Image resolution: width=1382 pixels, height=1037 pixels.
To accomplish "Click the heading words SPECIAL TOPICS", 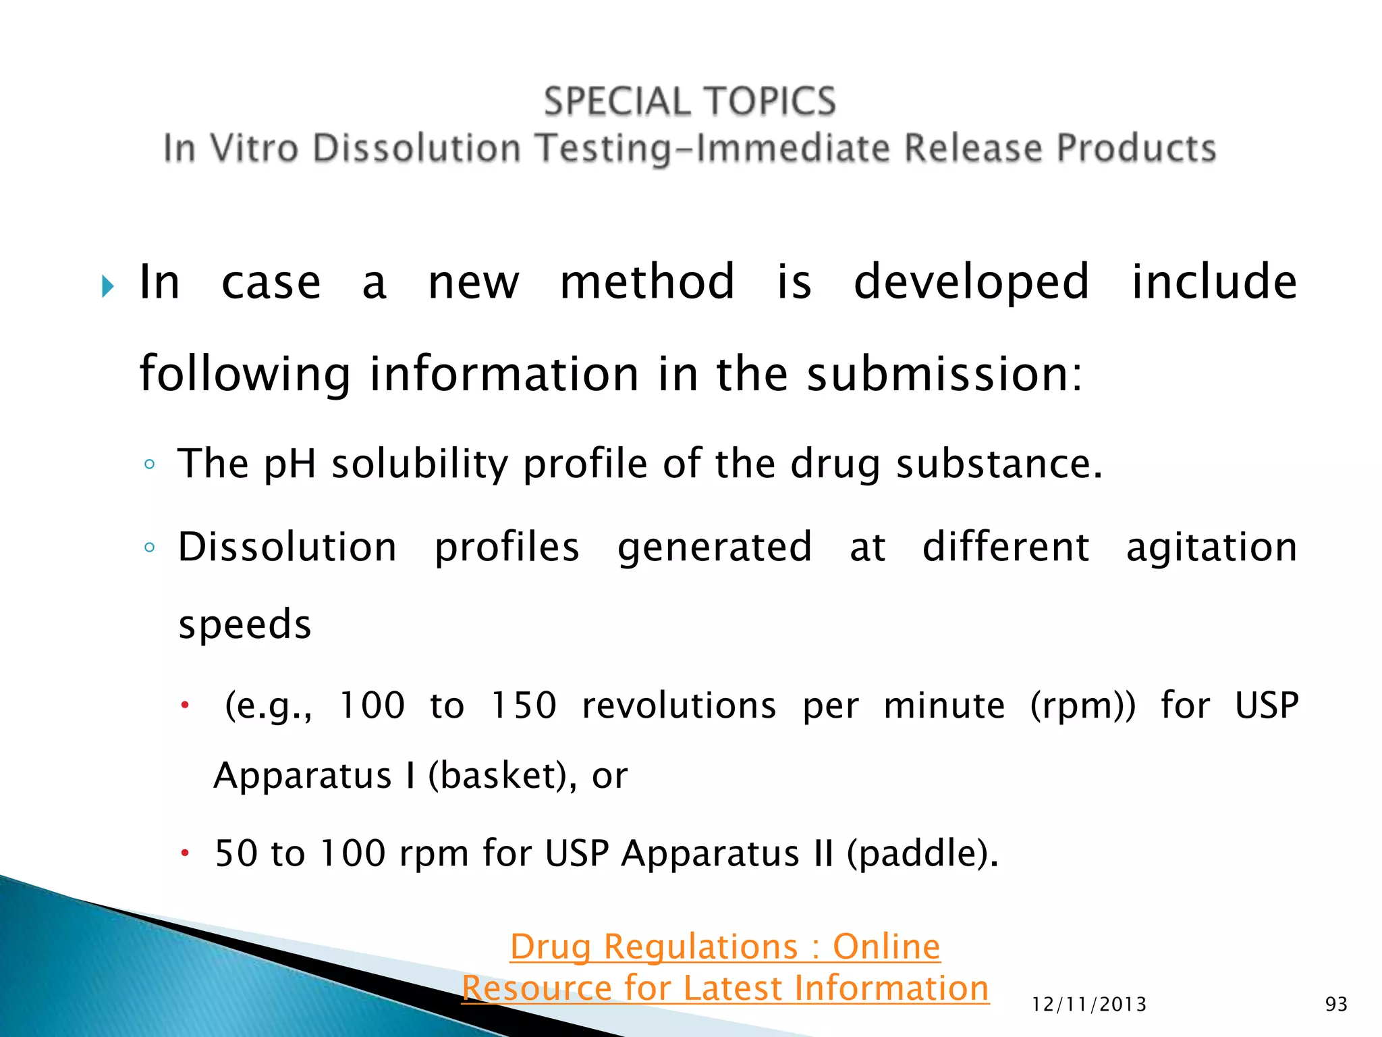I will click(x=690, y=102).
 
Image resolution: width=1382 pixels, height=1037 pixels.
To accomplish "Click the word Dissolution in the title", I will click(x=416, y=149).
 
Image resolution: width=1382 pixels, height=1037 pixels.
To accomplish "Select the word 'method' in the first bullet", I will click(x=646, y=282).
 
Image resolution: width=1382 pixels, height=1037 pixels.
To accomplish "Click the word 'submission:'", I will click(x=945, y=374).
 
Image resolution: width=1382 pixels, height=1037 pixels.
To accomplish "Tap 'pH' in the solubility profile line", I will click(x=289, y=465).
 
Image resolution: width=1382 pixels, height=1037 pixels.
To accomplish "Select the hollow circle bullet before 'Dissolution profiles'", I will click(x=150, y=548).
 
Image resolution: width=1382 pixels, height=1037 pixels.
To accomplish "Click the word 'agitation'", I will click(x=1211, y=548).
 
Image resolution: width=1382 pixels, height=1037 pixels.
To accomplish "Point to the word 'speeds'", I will click(x=244, y=625).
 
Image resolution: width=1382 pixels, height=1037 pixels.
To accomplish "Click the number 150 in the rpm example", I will click(x=523, y=706).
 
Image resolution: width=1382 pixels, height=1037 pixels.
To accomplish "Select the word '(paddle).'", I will click(x=922, y=853).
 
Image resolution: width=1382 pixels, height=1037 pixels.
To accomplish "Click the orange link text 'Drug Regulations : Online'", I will click(x=725, y=947).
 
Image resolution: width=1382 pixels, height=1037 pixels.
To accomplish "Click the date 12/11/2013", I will click(x=1089, y=1005).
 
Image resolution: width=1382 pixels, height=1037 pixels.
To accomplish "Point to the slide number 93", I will click(x=1336, y=1005).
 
